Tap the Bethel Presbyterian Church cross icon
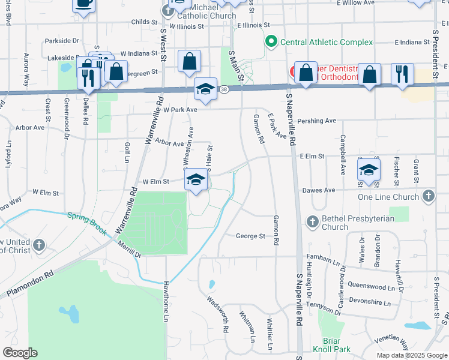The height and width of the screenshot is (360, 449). (x=312, y=222)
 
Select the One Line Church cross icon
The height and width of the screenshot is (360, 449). (x=428, y=196)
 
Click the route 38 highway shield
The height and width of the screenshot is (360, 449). (x=223, y=89)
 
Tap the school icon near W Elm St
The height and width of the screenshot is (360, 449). (x=196, y=180)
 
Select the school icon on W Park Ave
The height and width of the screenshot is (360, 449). (x=205, y=89)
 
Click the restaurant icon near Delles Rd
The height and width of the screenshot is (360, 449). (x=88, y=78)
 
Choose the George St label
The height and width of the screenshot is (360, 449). (x=250, y=236)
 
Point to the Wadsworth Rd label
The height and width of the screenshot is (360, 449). (x=218, y=314)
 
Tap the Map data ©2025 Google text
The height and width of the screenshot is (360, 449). (x=411, y=355)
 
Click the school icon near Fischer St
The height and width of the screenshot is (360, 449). (x=369, y=169)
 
